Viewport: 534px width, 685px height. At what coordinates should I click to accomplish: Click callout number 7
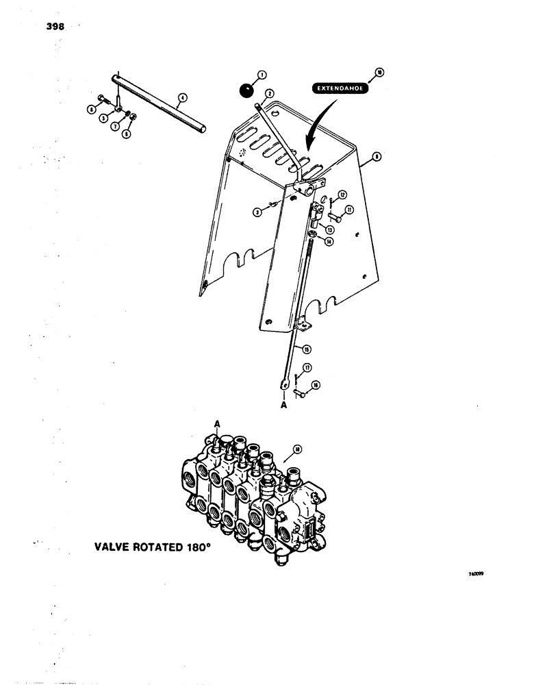pos(114,127)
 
